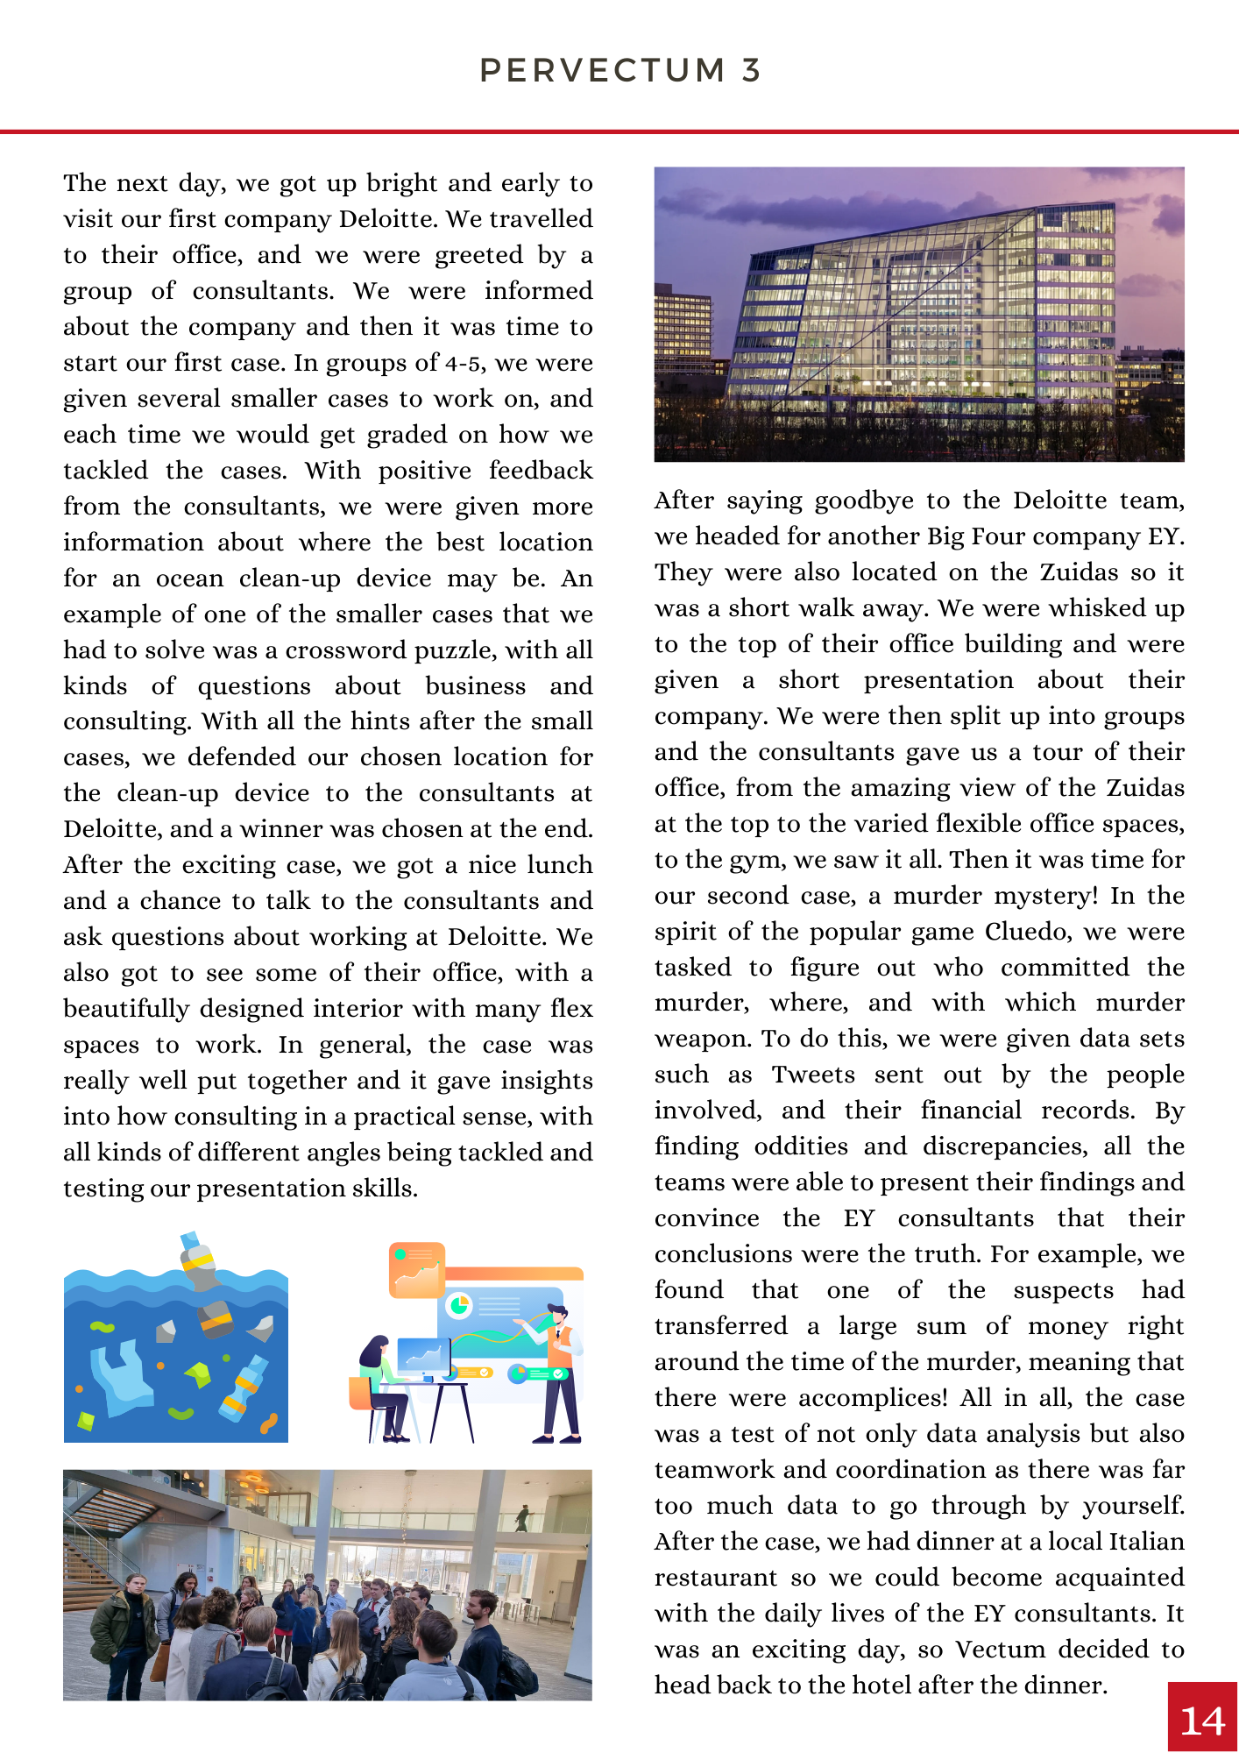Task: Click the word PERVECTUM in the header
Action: (603, 70)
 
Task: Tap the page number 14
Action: (1202, 1721)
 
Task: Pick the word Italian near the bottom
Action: (1147, 1542)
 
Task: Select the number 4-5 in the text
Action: (463, 363)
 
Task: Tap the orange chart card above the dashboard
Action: (417, 1269)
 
